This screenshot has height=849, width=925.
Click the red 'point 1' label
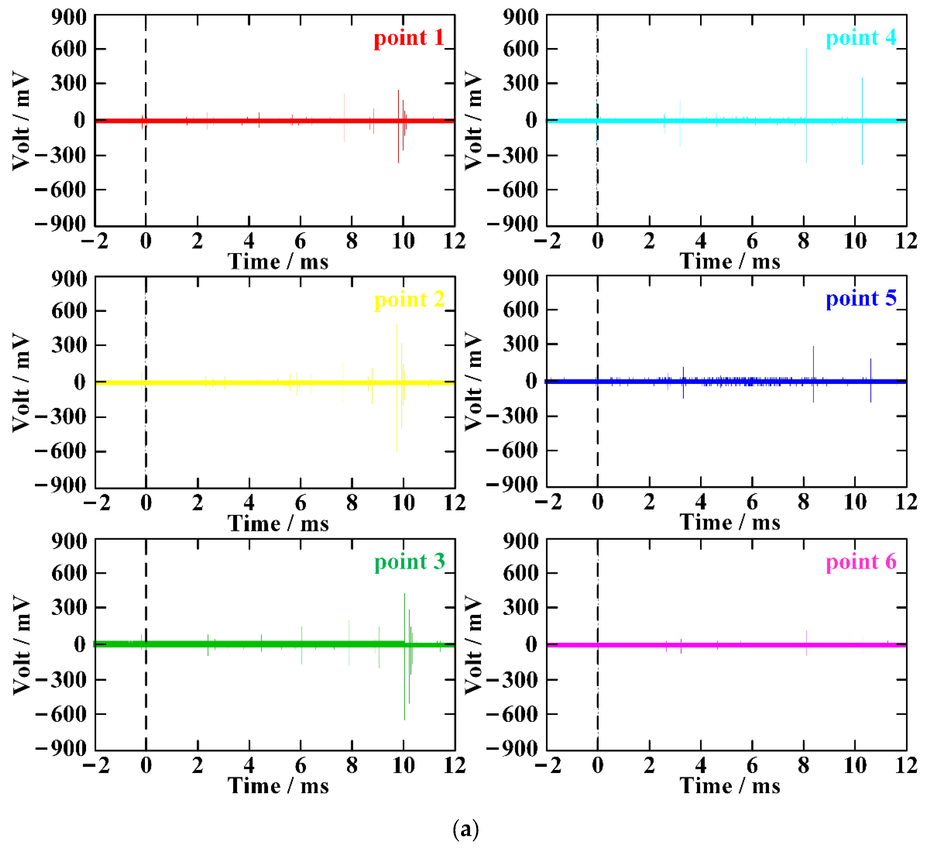point(409,38)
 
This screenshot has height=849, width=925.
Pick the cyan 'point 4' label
point(861,38)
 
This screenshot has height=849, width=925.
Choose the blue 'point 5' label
point(861,299)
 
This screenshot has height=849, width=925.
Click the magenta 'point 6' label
point(861,561)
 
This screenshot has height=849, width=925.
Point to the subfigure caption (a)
point(465,829)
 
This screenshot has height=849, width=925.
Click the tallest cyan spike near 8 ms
point(806,83)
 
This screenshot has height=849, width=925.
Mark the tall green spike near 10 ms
point(405,616)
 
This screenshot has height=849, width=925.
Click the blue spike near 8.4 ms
point(813,363)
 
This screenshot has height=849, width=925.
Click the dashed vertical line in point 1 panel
point(146,175)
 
